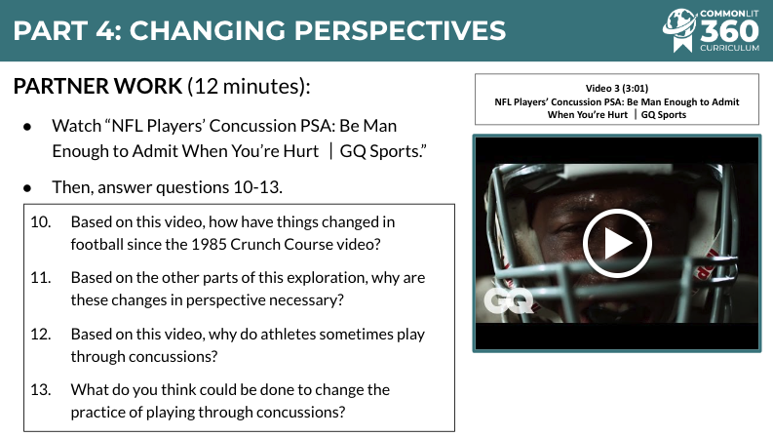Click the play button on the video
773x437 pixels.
click(x=617, y=243)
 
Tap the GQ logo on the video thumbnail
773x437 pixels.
click(x=509, y=300)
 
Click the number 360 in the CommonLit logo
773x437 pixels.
click(x=729, y=31)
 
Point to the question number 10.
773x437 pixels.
click(x=40, y=222)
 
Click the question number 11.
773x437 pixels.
click(x=40, y=278)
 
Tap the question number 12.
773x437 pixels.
click(x=40, y=334)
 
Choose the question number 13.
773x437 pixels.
click(x=40, y=389)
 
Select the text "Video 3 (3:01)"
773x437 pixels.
click(x=617, y=89)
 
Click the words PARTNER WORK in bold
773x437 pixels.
click(x=97, y=86)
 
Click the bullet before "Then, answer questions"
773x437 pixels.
click(x=27, y=188)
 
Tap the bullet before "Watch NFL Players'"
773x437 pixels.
click(x=27, y=127)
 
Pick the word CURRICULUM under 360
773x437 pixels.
click(x=729, y=48)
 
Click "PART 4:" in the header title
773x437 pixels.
click(x=67, y=30)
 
